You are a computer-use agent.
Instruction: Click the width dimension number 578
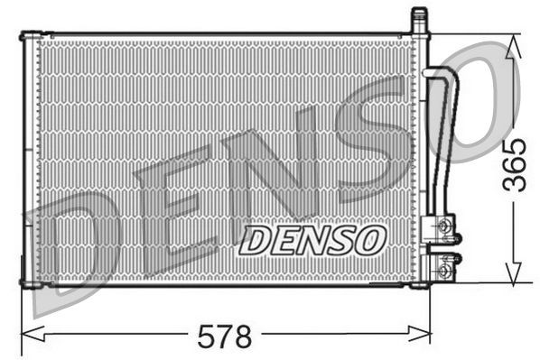click(225, 337)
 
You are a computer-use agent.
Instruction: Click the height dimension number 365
click(514, 163)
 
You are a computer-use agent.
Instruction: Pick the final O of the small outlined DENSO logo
click(369, 240)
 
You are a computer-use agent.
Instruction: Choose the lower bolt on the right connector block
click(443, 268)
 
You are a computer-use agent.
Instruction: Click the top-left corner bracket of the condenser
click(30, 38)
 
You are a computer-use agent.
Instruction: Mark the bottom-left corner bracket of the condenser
click(30, 283)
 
